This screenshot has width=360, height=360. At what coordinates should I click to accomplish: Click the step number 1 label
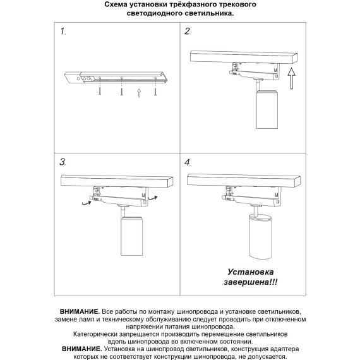pos(63,31)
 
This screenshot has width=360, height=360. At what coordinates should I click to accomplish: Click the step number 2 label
pos(188,31)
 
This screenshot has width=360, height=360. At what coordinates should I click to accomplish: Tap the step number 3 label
pos(63,162)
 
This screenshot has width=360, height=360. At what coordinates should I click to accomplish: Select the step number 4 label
pos(188,162)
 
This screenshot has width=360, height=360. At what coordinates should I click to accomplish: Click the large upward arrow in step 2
pos(292,78)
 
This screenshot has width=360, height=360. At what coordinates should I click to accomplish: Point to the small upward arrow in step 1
pos(139,93)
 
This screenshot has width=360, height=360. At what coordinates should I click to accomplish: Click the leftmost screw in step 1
pos(100,87)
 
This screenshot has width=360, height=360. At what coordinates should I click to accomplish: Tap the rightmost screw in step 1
pos(155,87)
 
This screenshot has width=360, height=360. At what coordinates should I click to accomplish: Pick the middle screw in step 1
pos(121,87)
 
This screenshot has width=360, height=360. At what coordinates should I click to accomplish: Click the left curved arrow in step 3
pos(87,203)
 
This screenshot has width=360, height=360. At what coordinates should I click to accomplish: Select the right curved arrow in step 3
pos(153,197)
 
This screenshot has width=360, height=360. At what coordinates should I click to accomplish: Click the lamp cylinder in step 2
pos(267,109)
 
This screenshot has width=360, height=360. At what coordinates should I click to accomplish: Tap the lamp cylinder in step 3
pos(132,236)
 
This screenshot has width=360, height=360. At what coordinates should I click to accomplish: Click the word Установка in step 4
pos(251,272)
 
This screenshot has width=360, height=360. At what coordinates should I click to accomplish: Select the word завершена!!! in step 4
pos(251,282)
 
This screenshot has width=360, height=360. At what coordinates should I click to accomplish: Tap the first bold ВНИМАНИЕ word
pos(80,311)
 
